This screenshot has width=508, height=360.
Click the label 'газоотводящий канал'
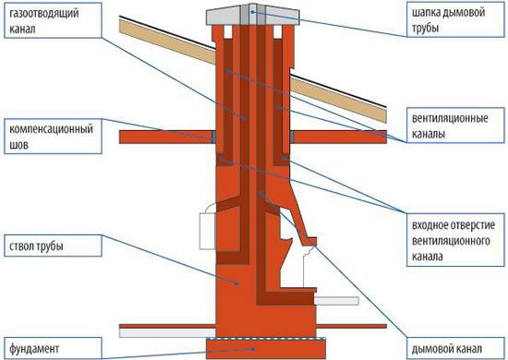(x=44, y=20)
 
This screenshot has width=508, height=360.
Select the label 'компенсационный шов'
(x=51, y=137)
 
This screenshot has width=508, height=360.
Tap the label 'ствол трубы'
(x=36, y=246)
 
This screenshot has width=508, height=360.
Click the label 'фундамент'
(x=34, y=349)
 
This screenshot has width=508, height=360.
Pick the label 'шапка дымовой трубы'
(x=448, y=20)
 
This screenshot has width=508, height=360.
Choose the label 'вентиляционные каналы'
(x=450, y=126)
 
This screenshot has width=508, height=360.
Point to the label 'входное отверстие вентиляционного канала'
(x=454, y=241)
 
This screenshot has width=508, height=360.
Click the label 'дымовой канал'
(x=447, y=349)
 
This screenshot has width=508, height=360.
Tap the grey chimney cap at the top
(x=253, y=15)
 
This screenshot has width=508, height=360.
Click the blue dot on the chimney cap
(x=253, y=12)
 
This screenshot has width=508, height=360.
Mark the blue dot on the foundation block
(x=253, y=349)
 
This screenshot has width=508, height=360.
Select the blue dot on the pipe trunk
(x=236, y=283)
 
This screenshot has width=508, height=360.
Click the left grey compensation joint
(x=214, y=137)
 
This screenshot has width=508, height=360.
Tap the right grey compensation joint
(x=292, y=137)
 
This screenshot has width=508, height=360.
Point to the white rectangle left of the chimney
(x=207, y=231)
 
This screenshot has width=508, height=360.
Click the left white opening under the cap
(x=227, y=31)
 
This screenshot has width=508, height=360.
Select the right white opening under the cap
(x=278, y=31)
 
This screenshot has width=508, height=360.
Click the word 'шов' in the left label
(x=18, y=145)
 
